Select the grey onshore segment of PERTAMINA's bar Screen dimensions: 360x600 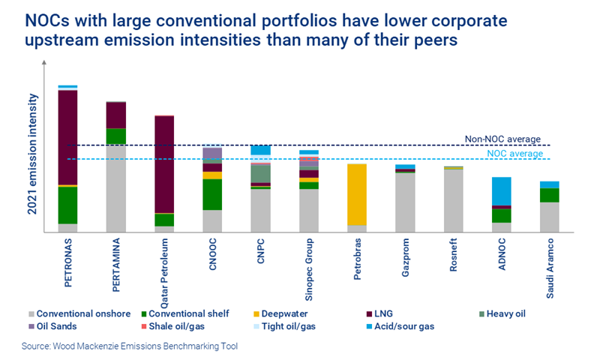pos(116,187)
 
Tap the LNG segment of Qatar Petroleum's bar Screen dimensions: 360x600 pos(164,164)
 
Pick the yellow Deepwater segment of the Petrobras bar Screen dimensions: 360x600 pos(357,194)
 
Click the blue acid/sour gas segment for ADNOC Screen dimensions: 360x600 pos(502,190)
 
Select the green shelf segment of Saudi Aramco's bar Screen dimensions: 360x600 pos(550,195)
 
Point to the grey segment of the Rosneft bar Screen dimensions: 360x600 pos(453,201)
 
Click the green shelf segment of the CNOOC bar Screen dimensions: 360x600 pos(212,194)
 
